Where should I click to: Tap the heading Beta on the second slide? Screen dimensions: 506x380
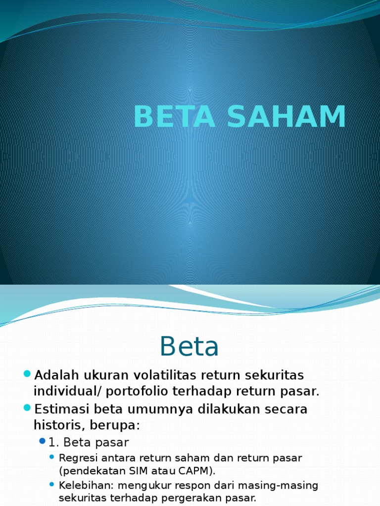point(190,347)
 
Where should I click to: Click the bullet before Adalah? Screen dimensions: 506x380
point(27,373)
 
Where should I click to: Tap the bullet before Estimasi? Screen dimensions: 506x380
point(27,408)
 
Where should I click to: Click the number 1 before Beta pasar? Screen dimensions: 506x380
point(51,442)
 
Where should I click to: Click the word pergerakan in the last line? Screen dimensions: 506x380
point(210,498)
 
